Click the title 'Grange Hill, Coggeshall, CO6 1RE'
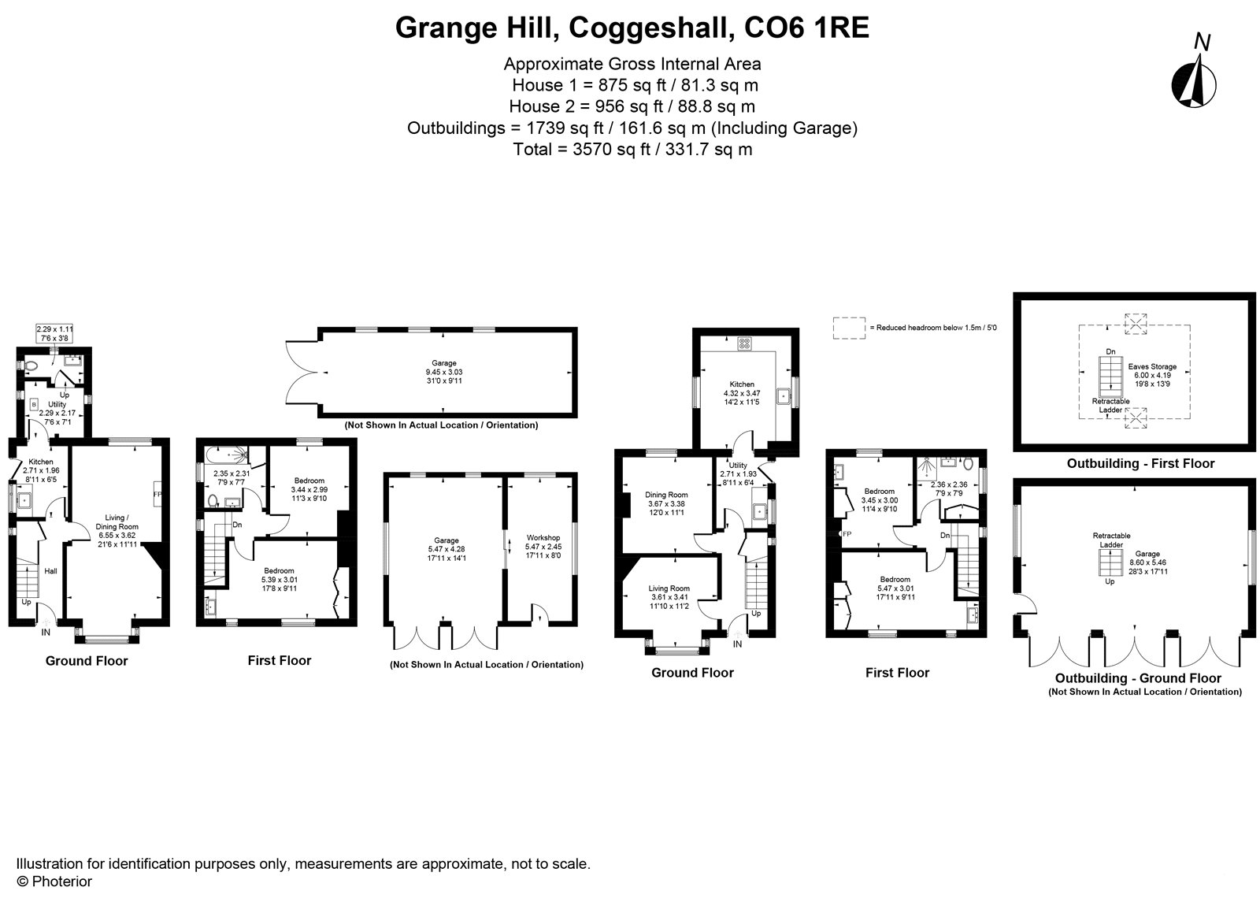(632, 28)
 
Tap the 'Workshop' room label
(543, 538)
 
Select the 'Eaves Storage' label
(1152, 366)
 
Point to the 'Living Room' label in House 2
(669, 588)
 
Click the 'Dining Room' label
(666, 495)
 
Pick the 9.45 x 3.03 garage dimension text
(444, 373)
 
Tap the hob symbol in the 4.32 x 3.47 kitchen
(744, 343)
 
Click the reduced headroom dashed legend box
(849, 328)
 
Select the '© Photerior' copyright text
(54, 881)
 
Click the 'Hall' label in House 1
(50, 571)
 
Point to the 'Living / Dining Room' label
(117, 522)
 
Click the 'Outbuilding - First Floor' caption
(1141, 463)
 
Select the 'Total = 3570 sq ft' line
(632, 150)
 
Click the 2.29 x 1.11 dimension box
(54, 333)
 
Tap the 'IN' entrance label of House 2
(737, 644)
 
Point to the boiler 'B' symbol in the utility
(34, 404)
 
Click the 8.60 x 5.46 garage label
(1147, 562)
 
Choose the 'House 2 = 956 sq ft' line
(632, 106)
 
